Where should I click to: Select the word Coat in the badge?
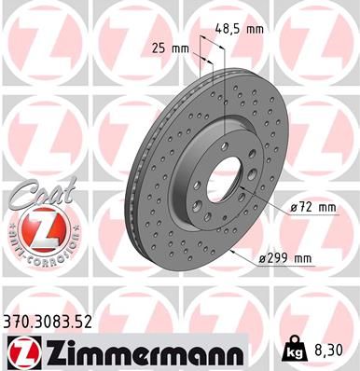point(37,195)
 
